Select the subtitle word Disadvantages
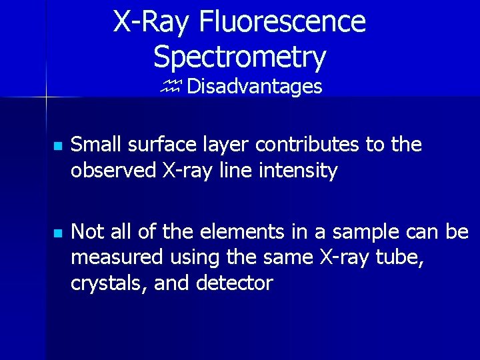(255, 87)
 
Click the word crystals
(109, 283)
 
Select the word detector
(235, 283)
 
